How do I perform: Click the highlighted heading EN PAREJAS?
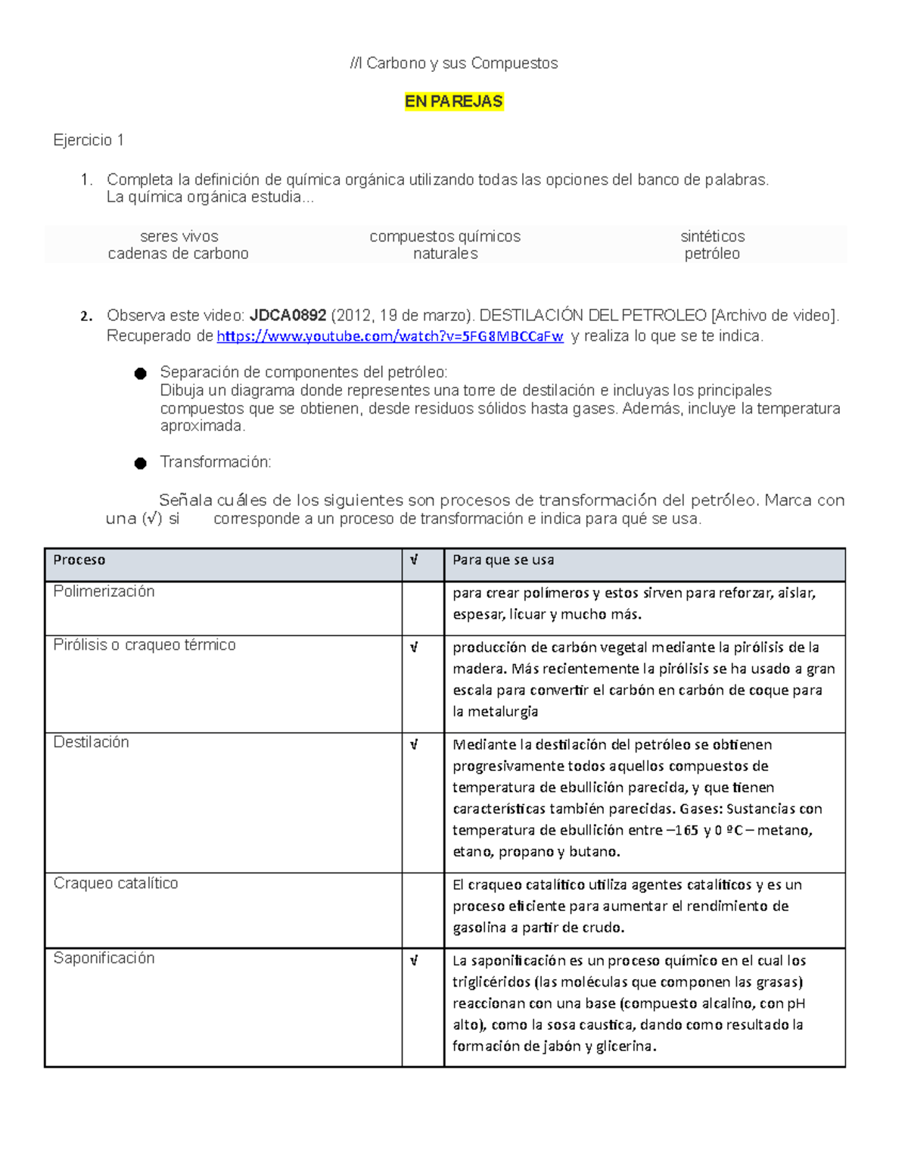453,101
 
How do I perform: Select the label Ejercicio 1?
89,140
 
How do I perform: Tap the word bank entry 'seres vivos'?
179,236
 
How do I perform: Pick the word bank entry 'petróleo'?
711,254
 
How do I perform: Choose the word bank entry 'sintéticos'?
712,236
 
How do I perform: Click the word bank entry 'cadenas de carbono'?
178,254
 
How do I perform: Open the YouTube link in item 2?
390,336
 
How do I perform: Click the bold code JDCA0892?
288,316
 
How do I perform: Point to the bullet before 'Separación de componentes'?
141,373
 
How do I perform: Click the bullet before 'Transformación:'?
141,463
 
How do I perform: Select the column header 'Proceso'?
79,560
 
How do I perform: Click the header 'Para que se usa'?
503,560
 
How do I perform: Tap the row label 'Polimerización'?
104,591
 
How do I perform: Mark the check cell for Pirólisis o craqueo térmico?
414,647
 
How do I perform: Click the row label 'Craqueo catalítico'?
116,883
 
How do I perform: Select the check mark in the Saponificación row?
414,961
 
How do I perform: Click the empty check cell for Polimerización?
422,608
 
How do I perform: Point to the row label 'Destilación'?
91,742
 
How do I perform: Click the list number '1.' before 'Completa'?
87,179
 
